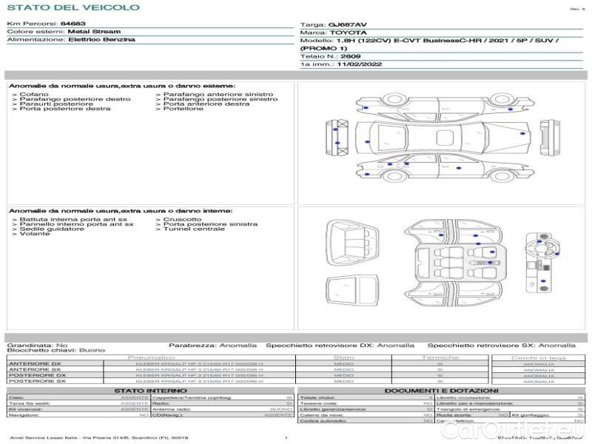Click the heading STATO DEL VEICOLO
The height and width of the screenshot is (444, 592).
pos(73,8)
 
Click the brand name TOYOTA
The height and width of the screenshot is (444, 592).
pos(346,33)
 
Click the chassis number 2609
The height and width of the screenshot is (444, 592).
pos(350,56)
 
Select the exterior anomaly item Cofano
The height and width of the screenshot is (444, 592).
pos(34,95)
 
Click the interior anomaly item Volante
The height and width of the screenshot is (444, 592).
pos(35,234)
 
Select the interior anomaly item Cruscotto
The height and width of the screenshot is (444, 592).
pos(182,219)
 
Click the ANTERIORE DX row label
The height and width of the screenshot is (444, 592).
pos(35,363)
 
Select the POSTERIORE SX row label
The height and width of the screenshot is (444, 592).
pos(37,381)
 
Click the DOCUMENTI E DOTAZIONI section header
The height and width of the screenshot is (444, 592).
pos(441,391)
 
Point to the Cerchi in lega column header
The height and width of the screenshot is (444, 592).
pos(538,357)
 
